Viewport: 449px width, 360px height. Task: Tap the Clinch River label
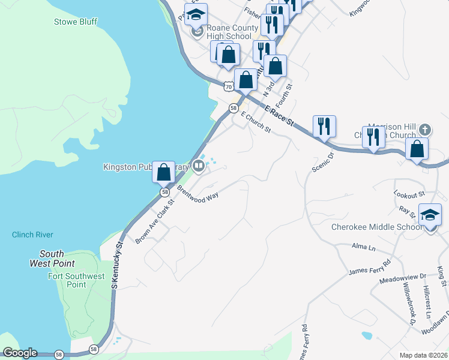32,235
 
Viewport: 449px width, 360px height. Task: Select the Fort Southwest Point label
76,280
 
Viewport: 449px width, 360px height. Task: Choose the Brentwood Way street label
197,196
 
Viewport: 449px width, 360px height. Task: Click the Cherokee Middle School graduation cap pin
430,215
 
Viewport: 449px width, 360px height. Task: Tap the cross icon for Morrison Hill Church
424,130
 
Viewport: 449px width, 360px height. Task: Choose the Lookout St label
409,194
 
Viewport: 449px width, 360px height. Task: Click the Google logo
20,353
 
